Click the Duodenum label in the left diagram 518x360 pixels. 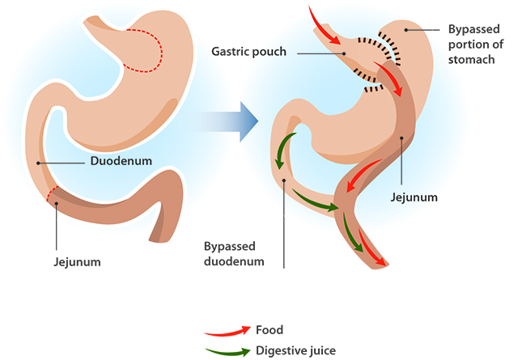(121, 161)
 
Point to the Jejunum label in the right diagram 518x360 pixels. (413, 197)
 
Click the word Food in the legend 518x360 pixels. (269, 330)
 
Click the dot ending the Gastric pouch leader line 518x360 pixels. (345, 54)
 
